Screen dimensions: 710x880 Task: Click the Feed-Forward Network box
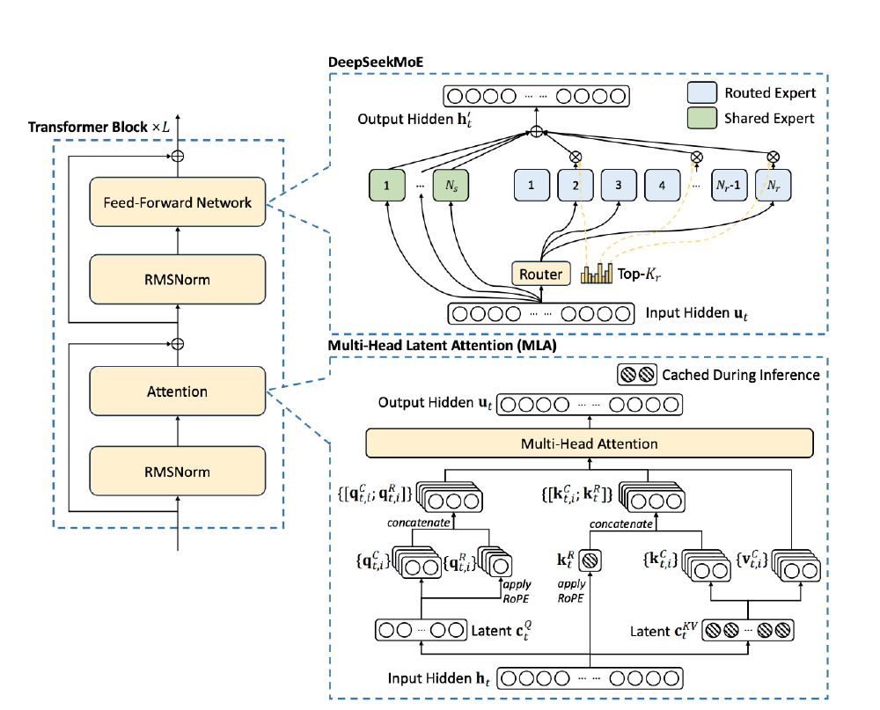point(178,202)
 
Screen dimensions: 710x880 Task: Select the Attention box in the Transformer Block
point(178,392)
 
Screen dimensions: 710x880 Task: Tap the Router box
point(540,274)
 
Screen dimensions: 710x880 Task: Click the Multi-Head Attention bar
point(589,443)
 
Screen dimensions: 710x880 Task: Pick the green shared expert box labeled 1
point(387,186)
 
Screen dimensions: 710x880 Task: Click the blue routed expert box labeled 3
point(619,186)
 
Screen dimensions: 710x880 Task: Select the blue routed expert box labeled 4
point(662,186)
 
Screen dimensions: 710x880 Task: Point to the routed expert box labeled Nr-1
point(730,186)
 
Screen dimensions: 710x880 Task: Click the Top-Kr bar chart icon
point(597,274)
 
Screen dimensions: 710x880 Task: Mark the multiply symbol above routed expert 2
point(576,157)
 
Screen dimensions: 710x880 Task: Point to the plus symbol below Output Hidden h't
point(536,131)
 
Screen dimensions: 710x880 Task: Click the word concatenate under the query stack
point(419,524)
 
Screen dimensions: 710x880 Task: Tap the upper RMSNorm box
point(178,279)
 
